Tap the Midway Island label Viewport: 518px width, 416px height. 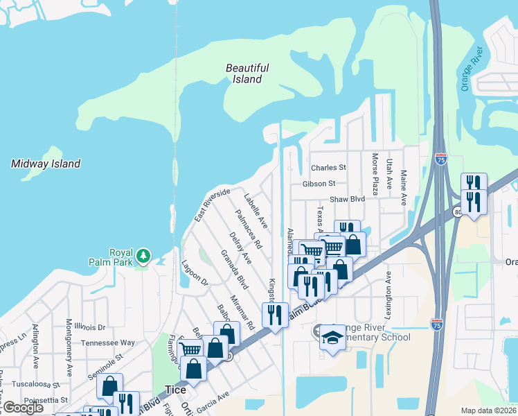pyautogui.click(x=46, y=164)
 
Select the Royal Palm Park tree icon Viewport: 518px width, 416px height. pyautogui.click(x=143, y=256)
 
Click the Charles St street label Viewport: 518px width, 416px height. pyautogui.click(x=328, y=168)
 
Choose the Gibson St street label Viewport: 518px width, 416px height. pyautogui.click(x=319, y=184)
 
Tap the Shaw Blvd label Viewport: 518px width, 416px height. pyautogui.click(x=347, y=199)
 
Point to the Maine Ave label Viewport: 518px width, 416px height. pyautogui.click(x=404, y=188)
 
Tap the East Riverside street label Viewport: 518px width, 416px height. pyautogui.click(x=212, y=205)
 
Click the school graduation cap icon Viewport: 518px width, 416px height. pyautogui.click(x=333, y=338)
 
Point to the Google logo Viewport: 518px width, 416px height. pyautogui.click(x=23, y=408)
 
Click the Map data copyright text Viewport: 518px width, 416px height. pyautogui.click(x=489, y=410)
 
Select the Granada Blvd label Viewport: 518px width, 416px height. pyautogui.click(x=235, y=270)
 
